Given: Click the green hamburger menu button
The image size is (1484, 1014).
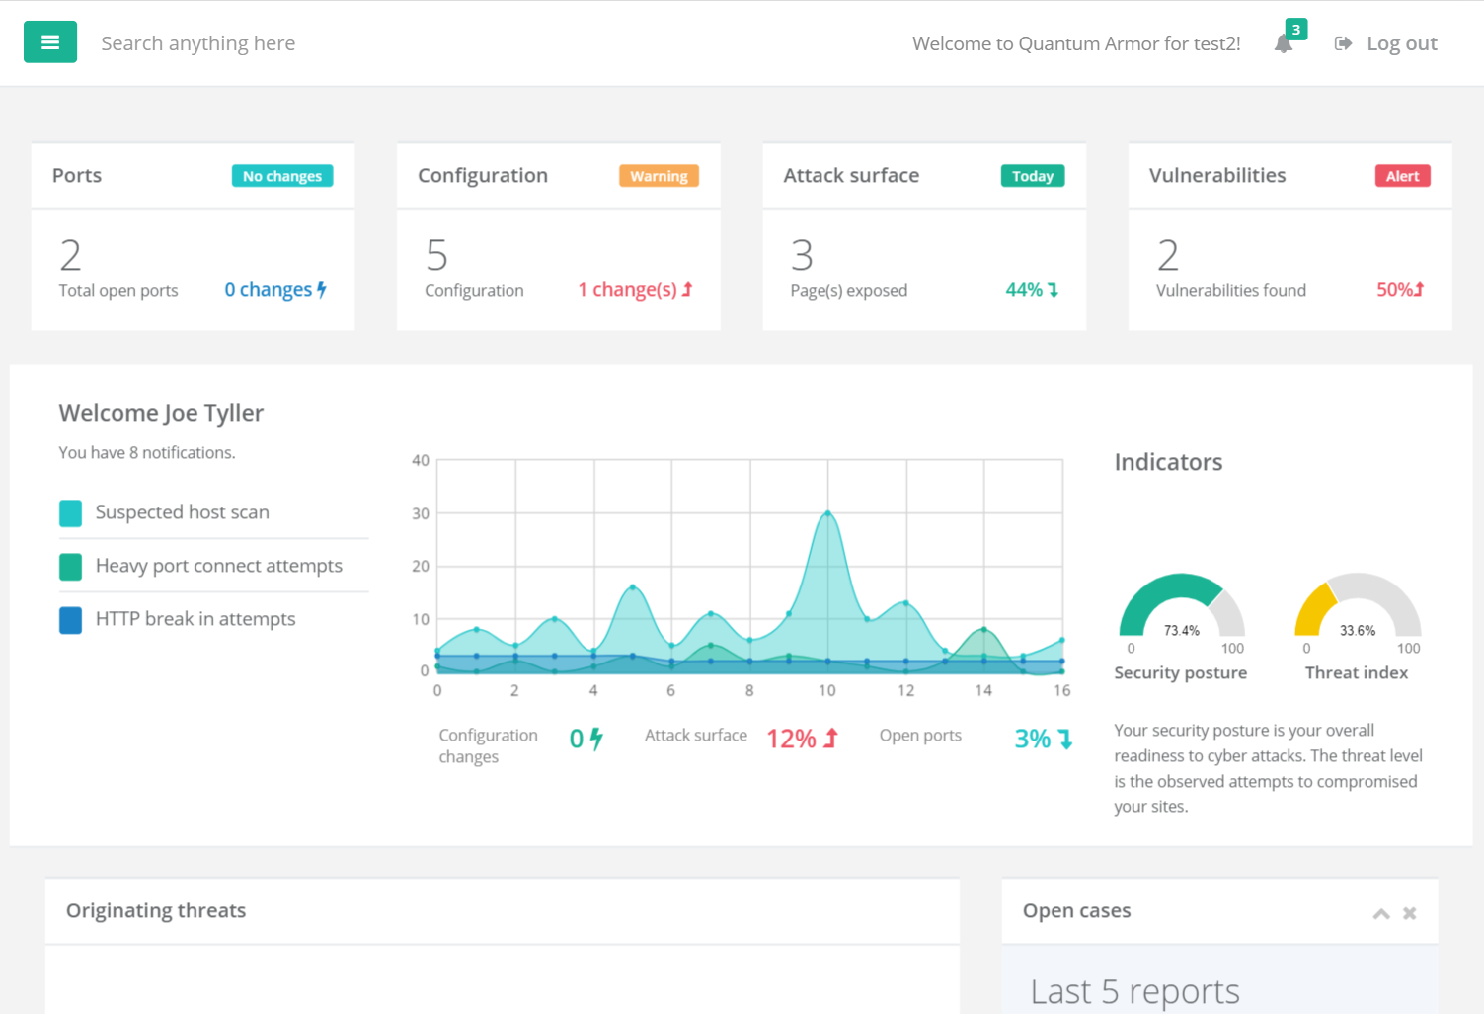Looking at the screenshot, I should (x=50, y=42).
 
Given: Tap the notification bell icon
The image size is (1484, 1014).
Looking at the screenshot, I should (x=1284, y=43).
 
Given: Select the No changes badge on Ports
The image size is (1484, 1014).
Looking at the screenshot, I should (x=282, y=176).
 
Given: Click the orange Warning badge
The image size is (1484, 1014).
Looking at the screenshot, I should (x=659, y=176).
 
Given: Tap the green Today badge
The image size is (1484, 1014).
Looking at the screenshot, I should (x=1032, y=176).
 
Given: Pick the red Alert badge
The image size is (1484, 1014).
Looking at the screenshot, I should (x=1402, y=176).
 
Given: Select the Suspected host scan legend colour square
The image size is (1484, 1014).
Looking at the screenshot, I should (x=71, y=512).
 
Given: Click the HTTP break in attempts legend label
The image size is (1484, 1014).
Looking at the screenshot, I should (x=195, y=619).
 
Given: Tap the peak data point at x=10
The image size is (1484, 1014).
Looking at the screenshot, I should (x=827, y=513).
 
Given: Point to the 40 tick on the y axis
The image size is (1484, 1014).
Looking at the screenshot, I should (x=421, y=460).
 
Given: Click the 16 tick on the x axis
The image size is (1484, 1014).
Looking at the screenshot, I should (x=1061, y=690).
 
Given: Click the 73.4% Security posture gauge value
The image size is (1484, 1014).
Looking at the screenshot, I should (x=1181, y=631).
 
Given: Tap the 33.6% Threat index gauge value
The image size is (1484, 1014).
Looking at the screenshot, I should (x=1358, y=631).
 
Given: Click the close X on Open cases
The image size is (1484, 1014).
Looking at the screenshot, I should (x=1410, y=913).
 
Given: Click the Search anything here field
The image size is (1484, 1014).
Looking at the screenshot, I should (x=198, y=43).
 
